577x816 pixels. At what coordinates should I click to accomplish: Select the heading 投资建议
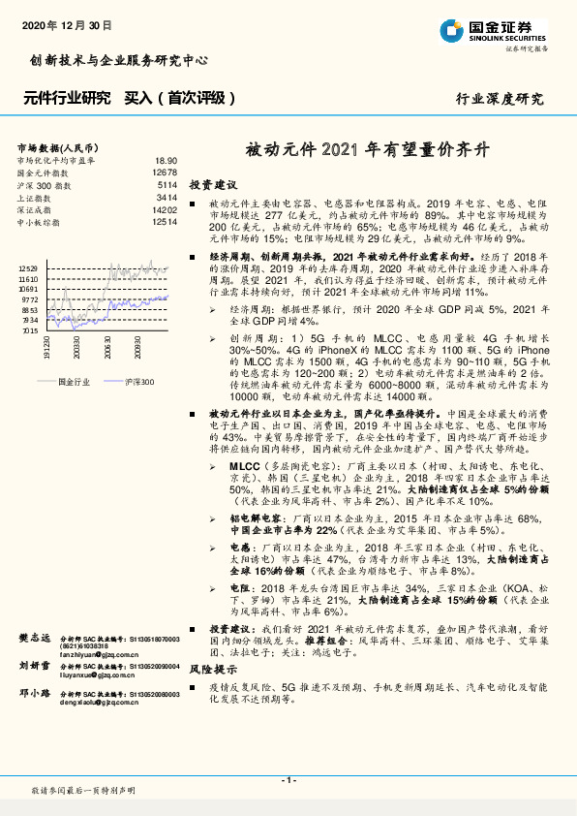coord(213,184)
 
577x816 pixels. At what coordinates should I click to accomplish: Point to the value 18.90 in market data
coord(166,160)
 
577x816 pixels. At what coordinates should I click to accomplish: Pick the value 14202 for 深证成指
coord(164,209)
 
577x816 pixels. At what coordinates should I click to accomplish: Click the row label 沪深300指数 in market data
coord(43,184)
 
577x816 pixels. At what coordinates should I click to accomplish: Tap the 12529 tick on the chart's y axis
coord(28,267)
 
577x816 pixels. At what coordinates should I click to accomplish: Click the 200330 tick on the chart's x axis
coord(76,347)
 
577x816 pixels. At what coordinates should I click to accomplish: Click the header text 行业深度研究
coord(500,99)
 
